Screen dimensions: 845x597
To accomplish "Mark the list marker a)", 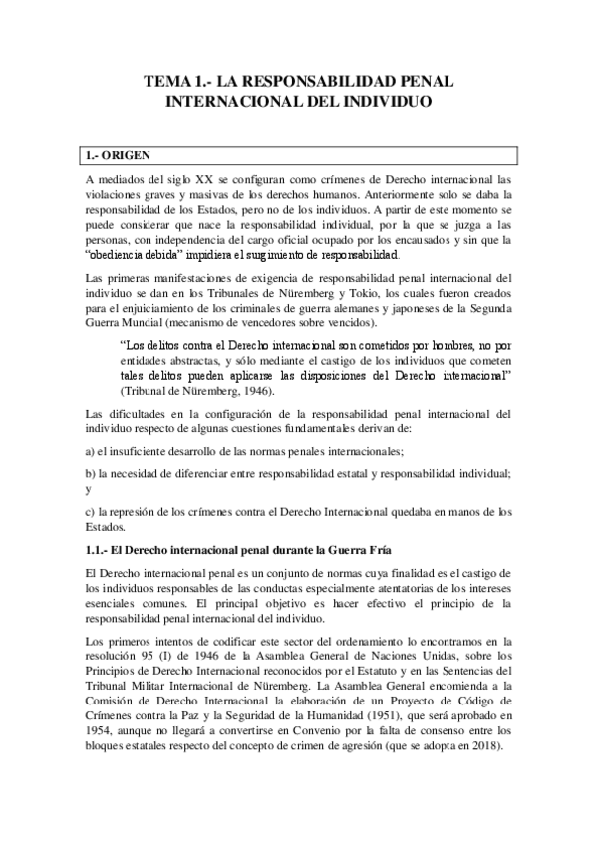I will pyautogui.click(x=90, y=450).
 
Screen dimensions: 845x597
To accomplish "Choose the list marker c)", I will pyautogui.click(x=90, y=512).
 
